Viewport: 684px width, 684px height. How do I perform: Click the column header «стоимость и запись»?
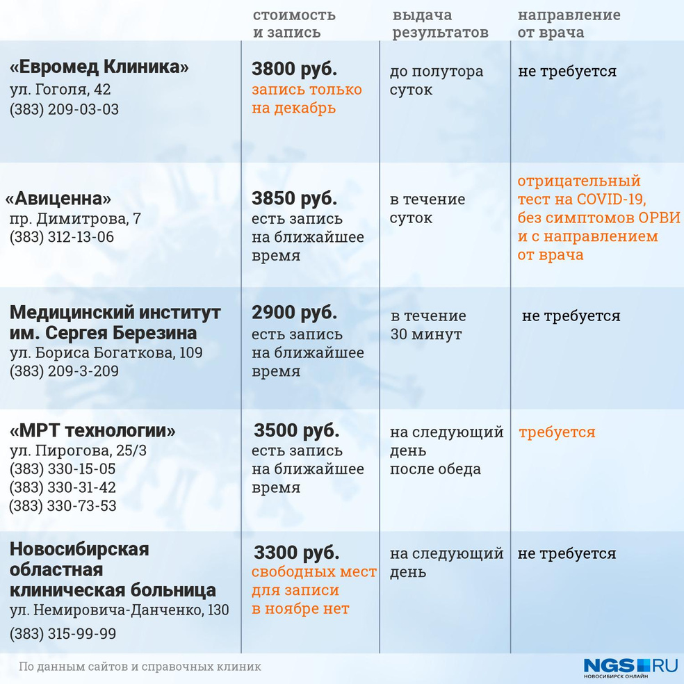tap(293, 24)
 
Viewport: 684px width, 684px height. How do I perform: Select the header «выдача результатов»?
tap(440, 24)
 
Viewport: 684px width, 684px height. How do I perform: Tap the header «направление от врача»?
tap(569, 24)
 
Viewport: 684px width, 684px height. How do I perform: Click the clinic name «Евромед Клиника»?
tap(99, 67)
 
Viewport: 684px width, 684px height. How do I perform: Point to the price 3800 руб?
tap(294, 70)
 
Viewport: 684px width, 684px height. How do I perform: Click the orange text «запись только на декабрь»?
tap(307, 99)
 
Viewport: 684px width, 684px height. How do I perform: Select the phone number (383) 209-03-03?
tap(64, 109)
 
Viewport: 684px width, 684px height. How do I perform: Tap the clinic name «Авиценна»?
tap(58, 199)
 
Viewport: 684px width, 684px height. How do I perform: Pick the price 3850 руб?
tap(294, 199)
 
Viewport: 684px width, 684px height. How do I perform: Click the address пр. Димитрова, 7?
tap(75, 219)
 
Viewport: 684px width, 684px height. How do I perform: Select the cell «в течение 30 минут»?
tap(427, 325)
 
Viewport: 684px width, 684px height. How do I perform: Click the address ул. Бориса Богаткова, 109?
tap(106, 352)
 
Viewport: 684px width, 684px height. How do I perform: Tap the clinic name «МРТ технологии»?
tap(92, 430)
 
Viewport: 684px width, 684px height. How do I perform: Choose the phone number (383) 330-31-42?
tap(63, 487)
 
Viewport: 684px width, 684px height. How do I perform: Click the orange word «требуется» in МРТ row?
tap(557, 432)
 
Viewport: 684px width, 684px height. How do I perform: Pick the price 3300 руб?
tap(297, 553)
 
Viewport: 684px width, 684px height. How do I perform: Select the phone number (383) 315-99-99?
tap(63, 634)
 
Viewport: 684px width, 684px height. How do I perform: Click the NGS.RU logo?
tap(630, 666)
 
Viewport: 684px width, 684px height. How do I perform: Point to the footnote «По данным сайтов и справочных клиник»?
tap(140, 667)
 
